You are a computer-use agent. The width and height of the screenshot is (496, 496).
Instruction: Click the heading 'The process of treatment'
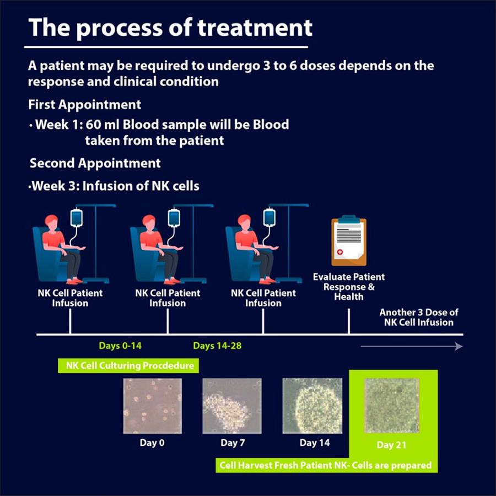point(170,28)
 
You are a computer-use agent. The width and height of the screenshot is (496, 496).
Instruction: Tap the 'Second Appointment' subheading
point(95,163)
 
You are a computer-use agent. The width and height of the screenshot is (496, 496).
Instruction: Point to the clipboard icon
point(348,241)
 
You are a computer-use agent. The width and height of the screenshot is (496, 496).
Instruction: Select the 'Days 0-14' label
point(120,346)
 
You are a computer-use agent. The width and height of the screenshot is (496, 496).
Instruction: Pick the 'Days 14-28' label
point(217,346)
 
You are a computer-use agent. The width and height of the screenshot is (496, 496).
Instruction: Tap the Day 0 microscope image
point(153,406)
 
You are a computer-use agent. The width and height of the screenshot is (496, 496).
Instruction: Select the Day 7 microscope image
point(232,406)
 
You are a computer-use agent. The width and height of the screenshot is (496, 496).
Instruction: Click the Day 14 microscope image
point(312,406)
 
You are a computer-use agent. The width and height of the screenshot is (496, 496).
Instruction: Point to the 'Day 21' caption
point(392,445)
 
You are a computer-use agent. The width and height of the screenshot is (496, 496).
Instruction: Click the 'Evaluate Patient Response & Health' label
point(348,287)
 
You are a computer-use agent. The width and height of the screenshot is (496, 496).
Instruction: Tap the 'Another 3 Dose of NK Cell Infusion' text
point(419,317)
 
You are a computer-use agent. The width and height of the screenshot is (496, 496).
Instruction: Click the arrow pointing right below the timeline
point(411,346)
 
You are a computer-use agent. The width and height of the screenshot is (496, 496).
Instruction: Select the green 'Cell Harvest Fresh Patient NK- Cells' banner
point(325,465)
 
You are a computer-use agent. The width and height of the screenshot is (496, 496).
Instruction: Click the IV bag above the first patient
point(77,218)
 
